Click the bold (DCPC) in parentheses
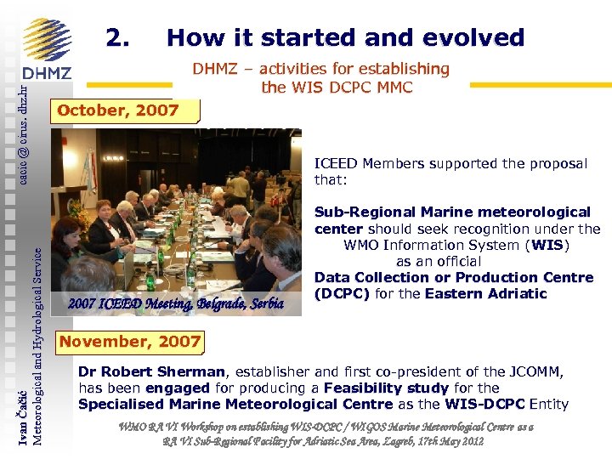click(x=342, y=294)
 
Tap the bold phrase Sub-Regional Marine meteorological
click(x=451, y=212)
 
